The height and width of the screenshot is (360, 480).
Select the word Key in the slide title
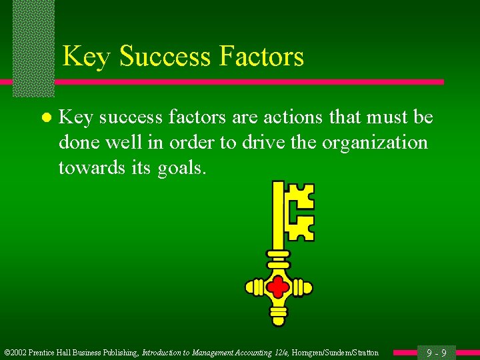point(86,57)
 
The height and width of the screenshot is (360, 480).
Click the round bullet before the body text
point(45,119)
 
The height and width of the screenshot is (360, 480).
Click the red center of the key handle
point(279,288)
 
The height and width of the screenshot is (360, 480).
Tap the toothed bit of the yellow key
point(299,211)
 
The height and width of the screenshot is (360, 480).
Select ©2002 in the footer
point(17,353)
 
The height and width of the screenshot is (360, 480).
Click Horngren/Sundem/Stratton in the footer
point(335,353)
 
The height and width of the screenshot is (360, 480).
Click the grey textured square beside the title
point(33,47)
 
